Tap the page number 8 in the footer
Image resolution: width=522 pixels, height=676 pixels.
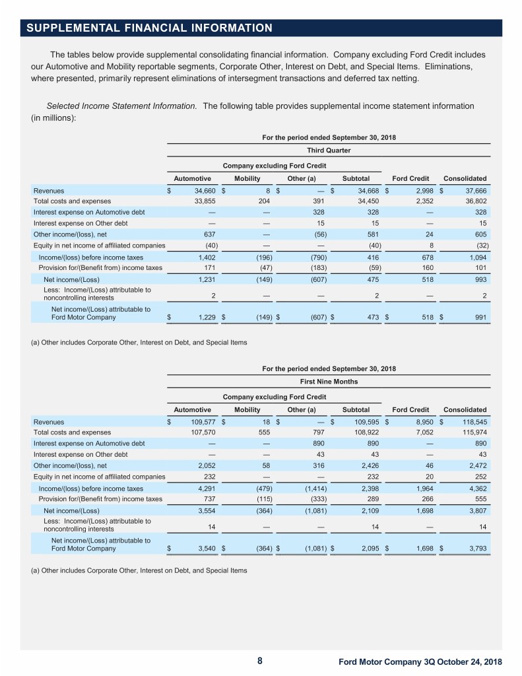point(260,661)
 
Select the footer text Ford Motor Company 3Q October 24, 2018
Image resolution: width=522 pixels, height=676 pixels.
point(420,662)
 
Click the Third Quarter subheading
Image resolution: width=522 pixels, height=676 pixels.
point(328,150)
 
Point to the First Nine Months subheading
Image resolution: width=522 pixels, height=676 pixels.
point(328,382)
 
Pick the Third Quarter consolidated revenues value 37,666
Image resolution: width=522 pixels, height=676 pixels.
point(474,190)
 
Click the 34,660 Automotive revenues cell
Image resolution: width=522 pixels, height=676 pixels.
point(198,190)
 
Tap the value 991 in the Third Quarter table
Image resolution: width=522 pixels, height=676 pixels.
point(480,318)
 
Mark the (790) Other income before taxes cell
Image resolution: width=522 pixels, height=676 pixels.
point(310,257)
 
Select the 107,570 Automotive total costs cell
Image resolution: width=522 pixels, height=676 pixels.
point(196,432)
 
